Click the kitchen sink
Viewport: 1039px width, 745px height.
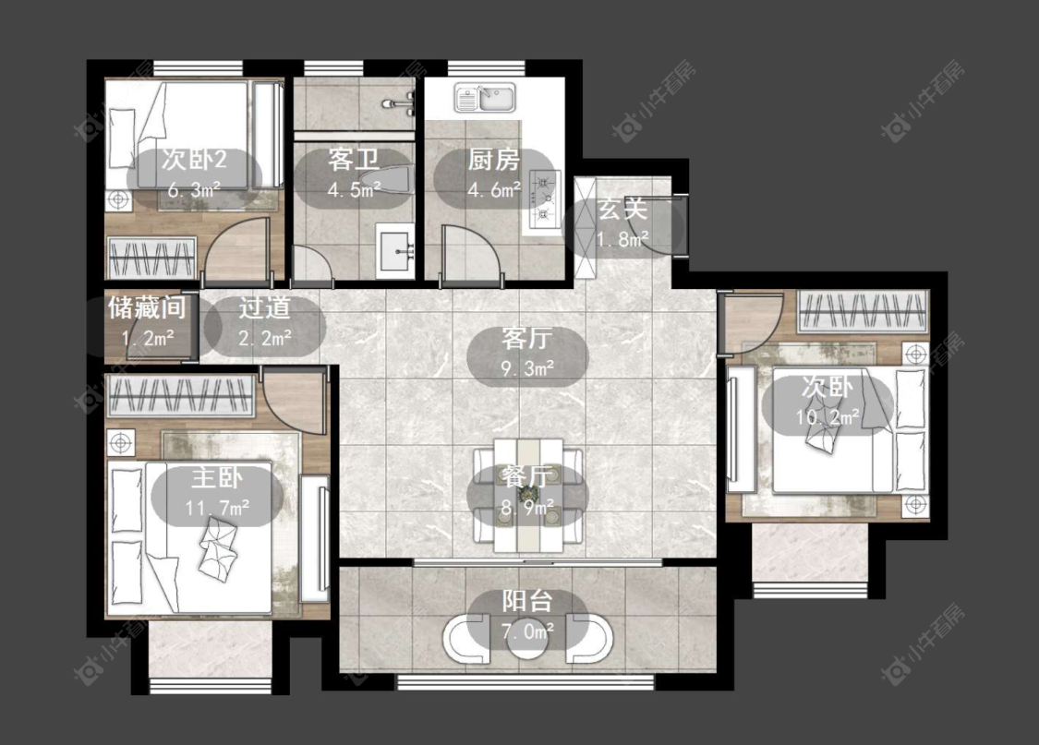485,98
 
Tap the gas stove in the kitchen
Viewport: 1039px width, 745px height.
543,197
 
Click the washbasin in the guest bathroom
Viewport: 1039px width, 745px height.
395,250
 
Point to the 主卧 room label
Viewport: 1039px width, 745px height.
217,476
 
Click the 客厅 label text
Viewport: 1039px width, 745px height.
526,338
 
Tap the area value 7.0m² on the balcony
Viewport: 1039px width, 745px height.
527,631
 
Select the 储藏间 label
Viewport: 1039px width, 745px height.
147,307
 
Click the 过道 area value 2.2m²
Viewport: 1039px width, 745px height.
264,338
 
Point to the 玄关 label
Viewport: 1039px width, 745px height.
622,210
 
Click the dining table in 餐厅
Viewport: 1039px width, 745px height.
528,496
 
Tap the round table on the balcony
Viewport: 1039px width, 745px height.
527,641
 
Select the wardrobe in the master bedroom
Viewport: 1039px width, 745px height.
181,395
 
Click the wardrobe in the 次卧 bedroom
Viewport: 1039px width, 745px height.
862,311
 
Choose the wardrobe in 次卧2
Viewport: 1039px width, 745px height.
151,257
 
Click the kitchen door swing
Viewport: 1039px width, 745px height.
471,252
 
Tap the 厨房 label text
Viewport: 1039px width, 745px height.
493,160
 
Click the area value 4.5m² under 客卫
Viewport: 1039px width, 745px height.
354,190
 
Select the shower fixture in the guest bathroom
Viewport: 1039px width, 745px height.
400,103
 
